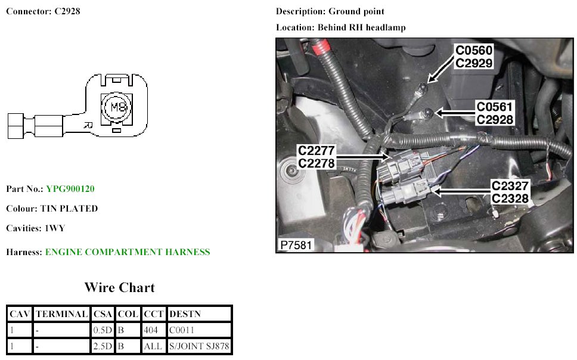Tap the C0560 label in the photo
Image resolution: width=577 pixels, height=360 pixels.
pyautogui.click(x=474, y=50)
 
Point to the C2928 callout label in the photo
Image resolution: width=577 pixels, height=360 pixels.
pyautogui.click(x=495, y=119)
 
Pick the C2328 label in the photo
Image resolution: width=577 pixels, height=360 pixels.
pyautogui.click(x=510, y=198)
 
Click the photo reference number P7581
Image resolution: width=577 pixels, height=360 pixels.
pyautogui.click(x=295, y=245)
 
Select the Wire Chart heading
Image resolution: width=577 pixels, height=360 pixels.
pyautogui.click(x=119, y=288)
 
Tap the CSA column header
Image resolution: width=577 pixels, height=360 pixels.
pyautogui.click(x=103, y=314)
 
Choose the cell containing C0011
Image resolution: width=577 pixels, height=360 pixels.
pyautogui.click(x=182, y=330)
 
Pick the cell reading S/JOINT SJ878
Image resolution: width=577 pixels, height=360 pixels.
pyautogui.click(x=199, y=346)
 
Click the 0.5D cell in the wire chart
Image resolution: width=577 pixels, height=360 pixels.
pyautogui.click(x=103, y=330)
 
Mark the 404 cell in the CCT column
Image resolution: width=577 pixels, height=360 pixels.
pyautogui.click(x=152, y=330)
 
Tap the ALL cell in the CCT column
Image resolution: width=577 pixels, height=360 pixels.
pyautogui.click(x=153, y=346)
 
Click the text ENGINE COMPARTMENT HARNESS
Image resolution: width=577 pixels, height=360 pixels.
pyautogui.click(x=128, y=252)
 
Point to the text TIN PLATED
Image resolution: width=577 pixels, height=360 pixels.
pyautogui.click(x=69, y=209)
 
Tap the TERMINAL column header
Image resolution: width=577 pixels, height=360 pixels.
pyautogui.click(x=62, y=314)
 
